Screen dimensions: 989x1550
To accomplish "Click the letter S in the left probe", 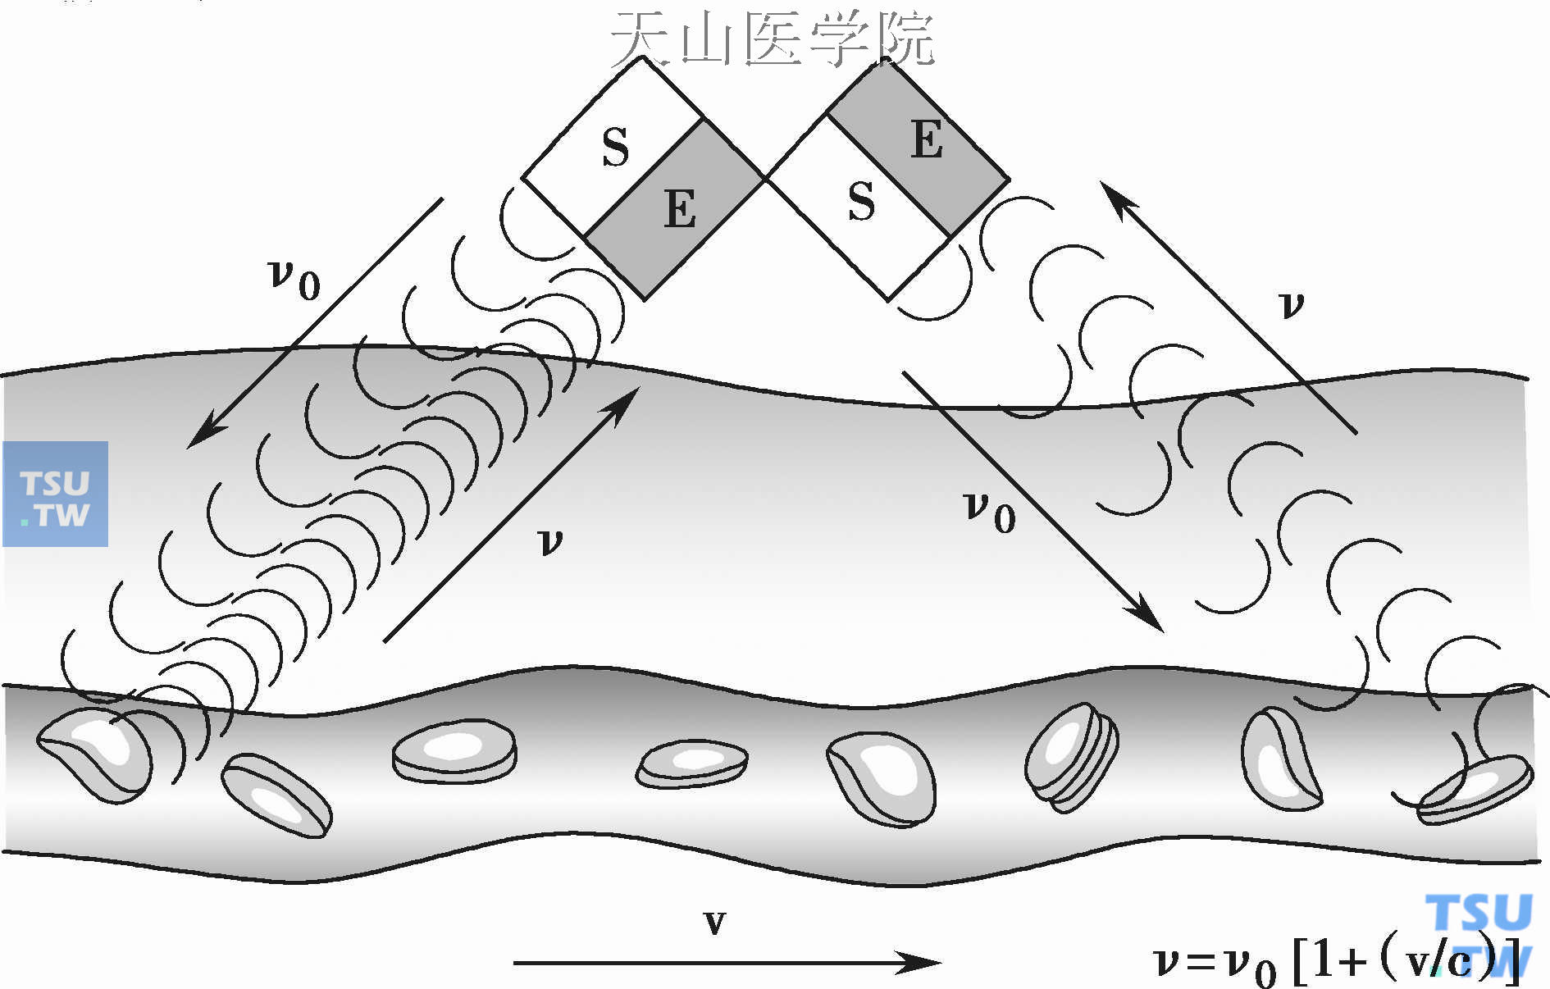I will pyautogui.click(x=615, y=148).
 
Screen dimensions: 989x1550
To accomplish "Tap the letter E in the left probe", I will pyautogui.click(x=680, y=209).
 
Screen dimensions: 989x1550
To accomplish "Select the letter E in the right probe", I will pyautogui.click(x=927, y=139).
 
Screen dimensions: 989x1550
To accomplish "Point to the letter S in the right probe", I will pyautogui.click(x=861, y=202).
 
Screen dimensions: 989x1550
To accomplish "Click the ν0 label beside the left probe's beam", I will pyautogui.click(x=294, y=279).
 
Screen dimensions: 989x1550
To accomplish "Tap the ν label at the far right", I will pyautogui.click(x=1291, y=305).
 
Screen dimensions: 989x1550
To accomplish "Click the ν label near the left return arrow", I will pyautogui.click(x=549, y=541).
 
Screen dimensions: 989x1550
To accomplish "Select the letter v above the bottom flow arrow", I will pyautogui.click(x=714, y=923).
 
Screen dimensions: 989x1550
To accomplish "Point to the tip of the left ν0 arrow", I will pyautogui.click(x=197, y=439).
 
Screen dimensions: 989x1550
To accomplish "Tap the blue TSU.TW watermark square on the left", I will pyautogui.click(x=56, y=494).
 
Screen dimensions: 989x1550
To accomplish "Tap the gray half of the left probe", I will pyautogui.click(x=674, y=209).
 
